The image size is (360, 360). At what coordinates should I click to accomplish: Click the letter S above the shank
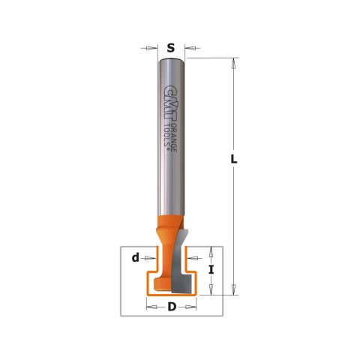coord(171,48)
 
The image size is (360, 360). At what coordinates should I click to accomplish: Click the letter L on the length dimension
coord(234,159)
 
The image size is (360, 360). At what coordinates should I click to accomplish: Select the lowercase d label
coord(136,257)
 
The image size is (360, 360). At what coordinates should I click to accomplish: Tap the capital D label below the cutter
coord(172,307)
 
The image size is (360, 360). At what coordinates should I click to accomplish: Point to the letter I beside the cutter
coord(211,270)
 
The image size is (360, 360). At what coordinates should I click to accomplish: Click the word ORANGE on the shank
coord(174,137)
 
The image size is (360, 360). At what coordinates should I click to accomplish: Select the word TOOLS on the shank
coord(166,136)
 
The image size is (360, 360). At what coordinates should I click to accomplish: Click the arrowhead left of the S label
coord(152,48)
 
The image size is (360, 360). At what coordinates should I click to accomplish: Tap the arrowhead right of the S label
coord(190,48)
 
